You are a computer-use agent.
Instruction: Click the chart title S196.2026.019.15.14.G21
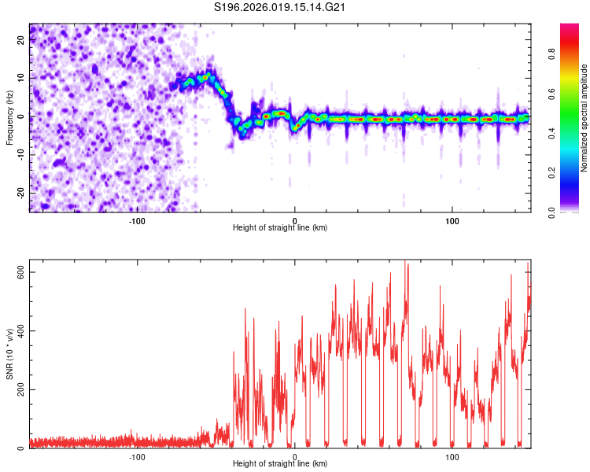[281, 8]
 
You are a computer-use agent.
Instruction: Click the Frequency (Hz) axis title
[10, 117]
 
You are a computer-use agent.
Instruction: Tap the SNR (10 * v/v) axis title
[10, 354]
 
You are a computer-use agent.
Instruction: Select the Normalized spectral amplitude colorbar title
[584, 118]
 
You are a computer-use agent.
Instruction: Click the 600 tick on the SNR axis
[22, 271]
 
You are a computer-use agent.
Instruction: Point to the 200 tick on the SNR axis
[22, 389]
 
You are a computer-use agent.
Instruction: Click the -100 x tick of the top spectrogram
[137, 220]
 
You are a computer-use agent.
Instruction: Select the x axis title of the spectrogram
[280, 228]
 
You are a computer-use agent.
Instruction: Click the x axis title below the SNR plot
[280, 464]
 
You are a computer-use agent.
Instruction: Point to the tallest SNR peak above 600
[405, 263]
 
